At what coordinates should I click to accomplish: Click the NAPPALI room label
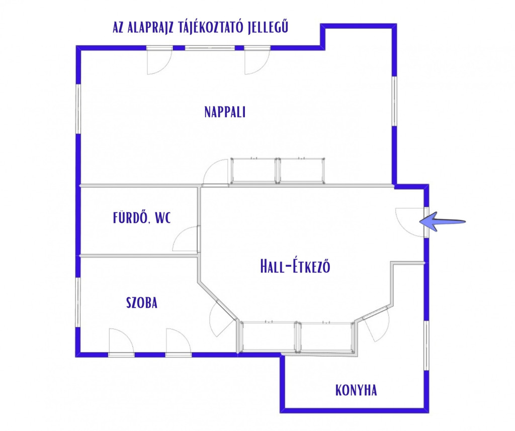pos(225,112)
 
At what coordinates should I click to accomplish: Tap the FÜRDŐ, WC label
pos(142,218)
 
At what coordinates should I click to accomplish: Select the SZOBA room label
pos(142,303)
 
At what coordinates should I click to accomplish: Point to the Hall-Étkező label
pos(295,266)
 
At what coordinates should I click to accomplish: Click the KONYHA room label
pos(356,390)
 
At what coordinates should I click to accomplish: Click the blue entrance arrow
pos(442,222)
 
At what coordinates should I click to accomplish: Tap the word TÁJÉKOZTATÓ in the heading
pos(202,27)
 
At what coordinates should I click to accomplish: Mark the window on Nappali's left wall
pos(78,109)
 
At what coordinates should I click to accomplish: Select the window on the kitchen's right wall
pos(426,346)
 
